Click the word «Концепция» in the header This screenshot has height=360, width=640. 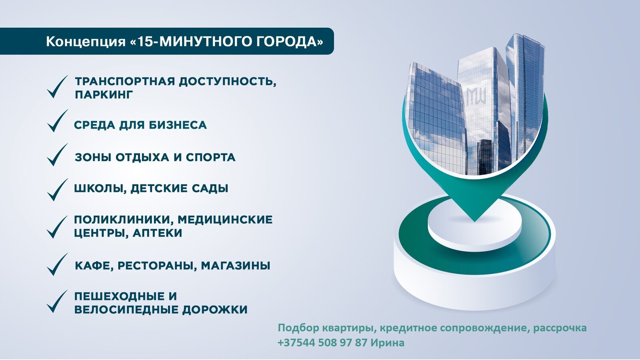(x=86, y=42)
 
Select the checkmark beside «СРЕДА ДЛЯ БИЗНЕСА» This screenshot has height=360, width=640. (x=58, y=120)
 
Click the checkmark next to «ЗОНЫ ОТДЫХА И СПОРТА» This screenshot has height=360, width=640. (x=58, y=154)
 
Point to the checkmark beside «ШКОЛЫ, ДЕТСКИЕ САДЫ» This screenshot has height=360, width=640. (x=58, y=190)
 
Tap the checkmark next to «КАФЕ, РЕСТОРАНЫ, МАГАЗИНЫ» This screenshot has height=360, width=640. (x=58, y=264)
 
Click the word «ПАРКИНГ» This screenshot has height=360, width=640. (x=104, y=94)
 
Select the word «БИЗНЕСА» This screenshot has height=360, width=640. (x=178, y=125)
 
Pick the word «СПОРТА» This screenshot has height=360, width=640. (x=210, y=158)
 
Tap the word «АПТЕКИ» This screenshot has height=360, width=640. (x=157, y=233)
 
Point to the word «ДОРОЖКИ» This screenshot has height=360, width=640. (x=214, y=310)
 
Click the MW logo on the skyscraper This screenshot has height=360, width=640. (x=476, y=96)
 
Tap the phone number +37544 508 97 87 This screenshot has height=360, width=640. (x=322, y=342)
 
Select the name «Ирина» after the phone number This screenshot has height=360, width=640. (x=388, y=342)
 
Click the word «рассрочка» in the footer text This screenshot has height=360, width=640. (x=560, y=328)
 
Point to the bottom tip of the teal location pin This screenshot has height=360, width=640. (x=474, y=222)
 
